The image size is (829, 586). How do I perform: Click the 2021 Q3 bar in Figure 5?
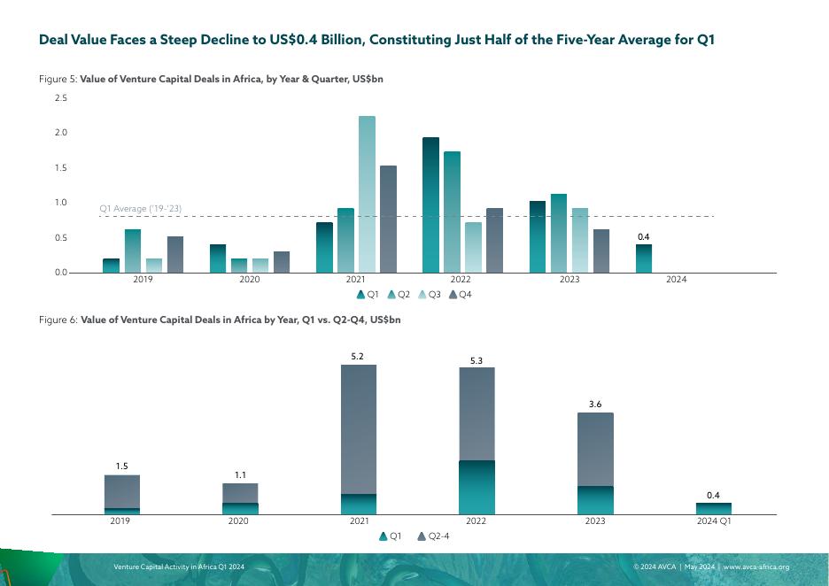click(x=367, y=194)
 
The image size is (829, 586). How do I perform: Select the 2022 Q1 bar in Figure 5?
click(x=430, y=204)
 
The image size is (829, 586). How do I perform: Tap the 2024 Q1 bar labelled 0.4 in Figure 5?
click(x=644, y=258)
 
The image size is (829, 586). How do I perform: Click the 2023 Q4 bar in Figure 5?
click(x=601, y=251)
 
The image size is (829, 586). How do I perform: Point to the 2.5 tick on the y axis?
click(x=61, y=97)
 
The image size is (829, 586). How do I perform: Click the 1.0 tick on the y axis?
click(x=61, y=203)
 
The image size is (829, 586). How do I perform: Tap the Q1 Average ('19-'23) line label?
click(x=141, y=209)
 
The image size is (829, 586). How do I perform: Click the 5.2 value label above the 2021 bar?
click(x=358, y=356)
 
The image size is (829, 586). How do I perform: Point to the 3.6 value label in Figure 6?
click(x=595, y=405)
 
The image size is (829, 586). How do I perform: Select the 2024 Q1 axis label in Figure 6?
click(x=713, y=522)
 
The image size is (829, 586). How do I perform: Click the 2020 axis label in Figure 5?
click(x=250, y=280)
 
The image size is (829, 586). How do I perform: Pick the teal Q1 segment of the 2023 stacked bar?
click(x=595, y=500)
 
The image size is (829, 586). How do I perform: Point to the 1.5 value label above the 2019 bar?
click(x=122, y=466)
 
